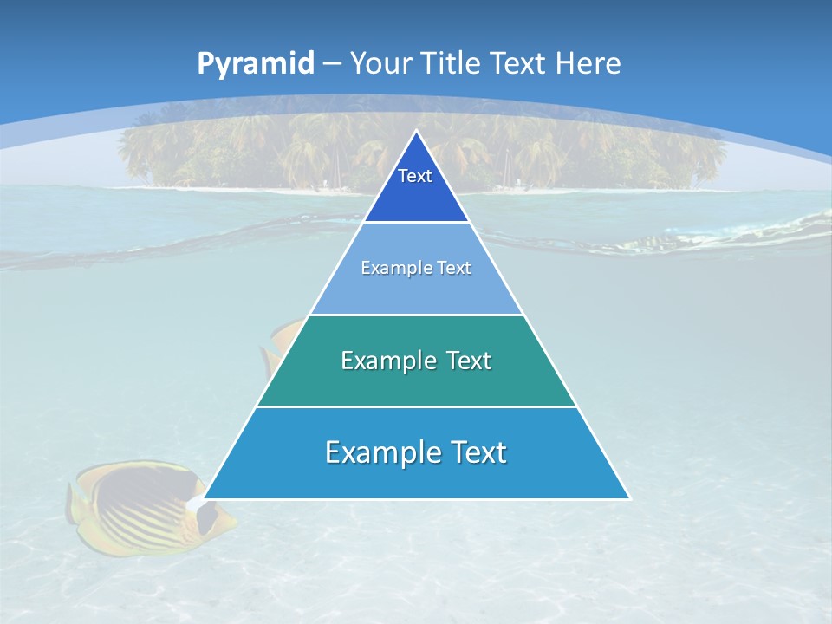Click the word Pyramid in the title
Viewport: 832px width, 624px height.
(x=256, y=64)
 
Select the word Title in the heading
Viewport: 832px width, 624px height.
(x=450, y=64)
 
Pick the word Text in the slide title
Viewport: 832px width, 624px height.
(x=518, y=64)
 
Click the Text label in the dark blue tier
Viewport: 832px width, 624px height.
(x=415, y=176)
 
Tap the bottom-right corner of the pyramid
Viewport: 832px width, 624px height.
(x=628, y=497)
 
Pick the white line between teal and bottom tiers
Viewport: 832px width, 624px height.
(x=416, y=406)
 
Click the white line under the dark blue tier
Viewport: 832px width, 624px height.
(x=416, y=222)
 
